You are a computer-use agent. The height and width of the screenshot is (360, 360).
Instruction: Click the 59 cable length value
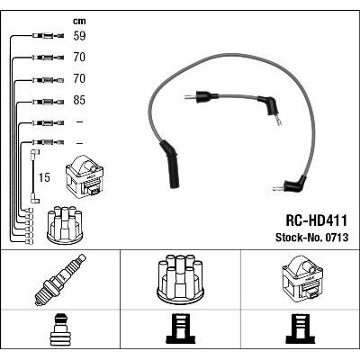tap(79, 36)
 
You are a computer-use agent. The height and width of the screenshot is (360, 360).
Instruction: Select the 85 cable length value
tap(79, 100)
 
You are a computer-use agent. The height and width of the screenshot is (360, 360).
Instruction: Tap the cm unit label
tap(79, 21)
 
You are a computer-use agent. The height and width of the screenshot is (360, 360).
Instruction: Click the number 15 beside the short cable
tap(44, 177)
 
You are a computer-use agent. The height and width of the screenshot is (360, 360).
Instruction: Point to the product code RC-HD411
tap(317, 220)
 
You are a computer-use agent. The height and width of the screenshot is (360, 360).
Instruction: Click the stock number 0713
tap(336, 238)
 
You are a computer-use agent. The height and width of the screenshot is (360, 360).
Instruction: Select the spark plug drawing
tap(59, 280)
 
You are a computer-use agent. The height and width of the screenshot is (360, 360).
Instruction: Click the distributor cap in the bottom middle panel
tap(181, 279)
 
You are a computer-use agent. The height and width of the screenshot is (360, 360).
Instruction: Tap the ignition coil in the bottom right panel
tap(302, 278)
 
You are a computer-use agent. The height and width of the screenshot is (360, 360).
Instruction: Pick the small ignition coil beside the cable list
tap(85, 175)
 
